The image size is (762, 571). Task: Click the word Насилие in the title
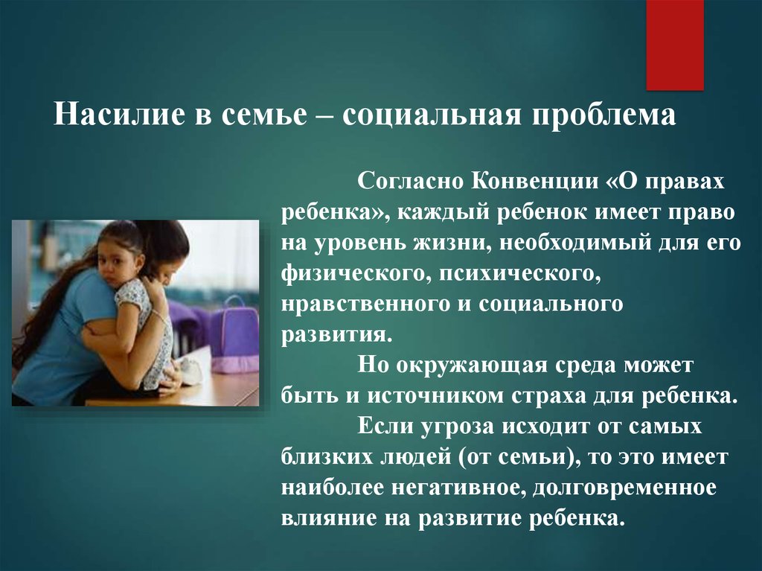tap(120, 115)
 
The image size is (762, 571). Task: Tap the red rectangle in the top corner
tap(675, 45)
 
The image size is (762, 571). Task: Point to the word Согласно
tap(411, 182)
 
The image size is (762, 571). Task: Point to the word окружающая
tap(472, 366)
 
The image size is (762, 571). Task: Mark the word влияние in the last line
tap(329, 518)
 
